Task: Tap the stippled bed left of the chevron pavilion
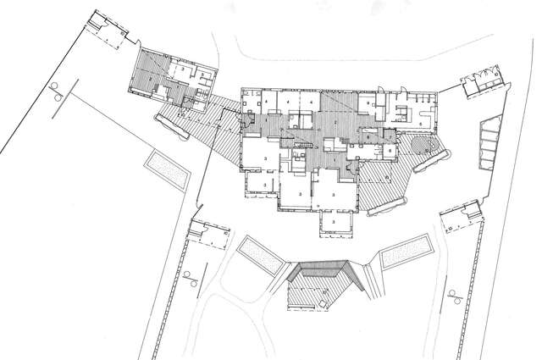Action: (260, 255)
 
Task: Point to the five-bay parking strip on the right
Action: (490, 144)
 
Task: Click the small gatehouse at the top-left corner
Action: (108, 30)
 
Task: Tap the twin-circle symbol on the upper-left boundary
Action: (58, 90)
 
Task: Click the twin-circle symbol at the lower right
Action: (456, 296)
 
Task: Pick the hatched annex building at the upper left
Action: (174, 80)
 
